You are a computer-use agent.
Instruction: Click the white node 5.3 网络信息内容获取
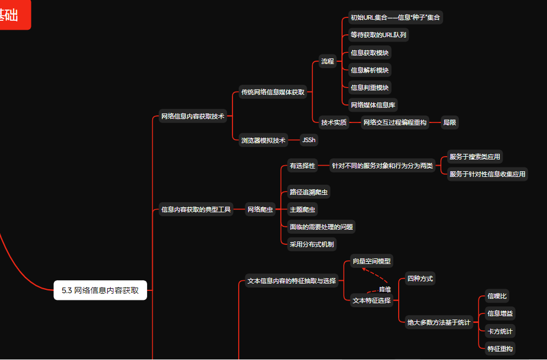coord(100,290)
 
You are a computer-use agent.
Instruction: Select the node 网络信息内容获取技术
coord(193,116)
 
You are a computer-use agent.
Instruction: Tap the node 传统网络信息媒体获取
coord(272,92)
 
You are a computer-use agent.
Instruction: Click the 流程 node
coord(327,61)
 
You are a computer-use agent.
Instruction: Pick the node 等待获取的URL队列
coord(379,35)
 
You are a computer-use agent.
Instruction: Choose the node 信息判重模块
coord(370,87)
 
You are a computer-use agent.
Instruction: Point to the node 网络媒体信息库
coord(373,104)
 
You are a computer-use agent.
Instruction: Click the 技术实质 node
coord(334,122)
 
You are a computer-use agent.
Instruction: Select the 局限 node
coord(449,122)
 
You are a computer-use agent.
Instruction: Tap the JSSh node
coord(308,140)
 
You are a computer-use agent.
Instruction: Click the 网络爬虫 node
coord(260,209)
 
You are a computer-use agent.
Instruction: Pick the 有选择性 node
coord(302,166)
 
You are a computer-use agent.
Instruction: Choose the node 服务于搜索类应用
coord(475,157)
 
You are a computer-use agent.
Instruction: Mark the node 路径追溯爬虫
coord(309,192)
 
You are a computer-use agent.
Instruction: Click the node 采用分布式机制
coord(312,244)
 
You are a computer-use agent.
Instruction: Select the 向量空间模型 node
coord(371,261)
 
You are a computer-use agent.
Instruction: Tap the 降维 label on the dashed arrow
coord(385,289)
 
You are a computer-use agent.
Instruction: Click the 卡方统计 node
coord(500,331)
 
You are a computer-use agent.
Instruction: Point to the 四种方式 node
coord(420,279)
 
